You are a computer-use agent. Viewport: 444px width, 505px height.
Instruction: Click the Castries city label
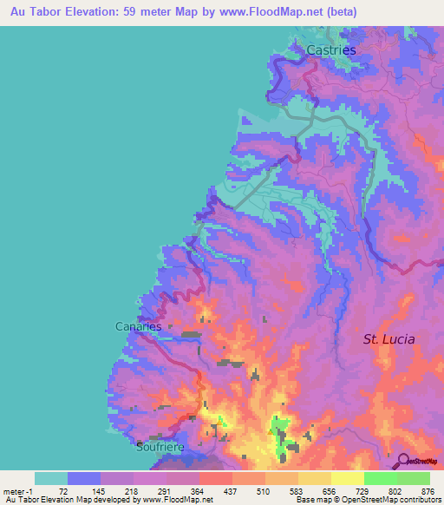coord(331,50)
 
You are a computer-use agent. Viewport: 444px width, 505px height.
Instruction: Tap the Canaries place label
coord(139,326)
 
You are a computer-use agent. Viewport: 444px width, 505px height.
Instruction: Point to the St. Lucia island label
coord(388,339)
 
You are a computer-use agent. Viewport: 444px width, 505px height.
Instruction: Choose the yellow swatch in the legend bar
coord(347,478)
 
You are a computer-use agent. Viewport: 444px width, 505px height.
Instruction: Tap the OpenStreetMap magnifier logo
coord(403,461)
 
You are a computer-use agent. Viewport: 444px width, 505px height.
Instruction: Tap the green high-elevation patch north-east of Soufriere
coord(280,434)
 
